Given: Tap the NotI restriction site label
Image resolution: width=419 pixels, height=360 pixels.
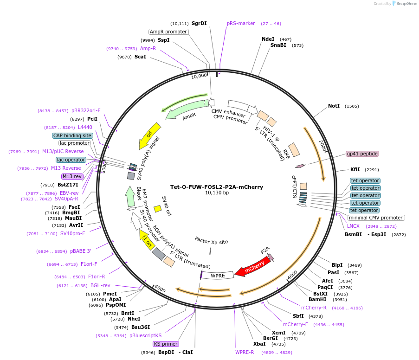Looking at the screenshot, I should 334,106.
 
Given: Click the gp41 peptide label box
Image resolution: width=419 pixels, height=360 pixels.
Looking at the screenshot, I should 362,154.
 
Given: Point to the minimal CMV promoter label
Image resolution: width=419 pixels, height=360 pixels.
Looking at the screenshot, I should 376,218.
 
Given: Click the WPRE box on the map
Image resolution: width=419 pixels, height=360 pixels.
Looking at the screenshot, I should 218,276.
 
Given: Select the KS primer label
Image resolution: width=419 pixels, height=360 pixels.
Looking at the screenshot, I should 166,344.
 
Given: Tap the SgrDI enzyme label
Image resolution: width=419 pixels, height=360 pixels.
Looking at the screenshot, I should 199,23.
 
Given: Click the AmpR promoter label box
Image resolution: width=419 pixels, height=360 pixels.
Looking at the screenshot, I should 168,32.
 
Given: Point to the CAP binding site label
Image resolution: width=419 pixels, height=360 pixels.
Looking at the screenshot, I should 72,135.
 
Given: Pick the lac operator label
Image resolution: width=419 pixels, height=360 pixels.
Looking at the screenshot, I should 71,160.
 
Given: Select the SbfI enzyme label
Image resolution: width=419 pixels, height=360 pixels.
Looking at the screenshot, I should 298,316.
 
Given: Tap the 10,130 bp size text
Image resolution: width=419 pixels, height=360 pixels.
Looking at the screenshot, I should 217,193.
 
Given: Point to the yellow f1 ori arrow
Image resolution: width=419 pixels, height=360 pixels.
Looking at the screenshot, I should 147,238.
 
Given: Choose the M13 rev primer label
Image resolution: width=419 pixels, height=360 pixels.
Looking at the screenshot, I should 71,176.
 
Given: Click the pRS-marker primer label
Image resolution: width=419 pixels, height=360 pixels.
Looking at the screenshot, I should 241,23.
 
